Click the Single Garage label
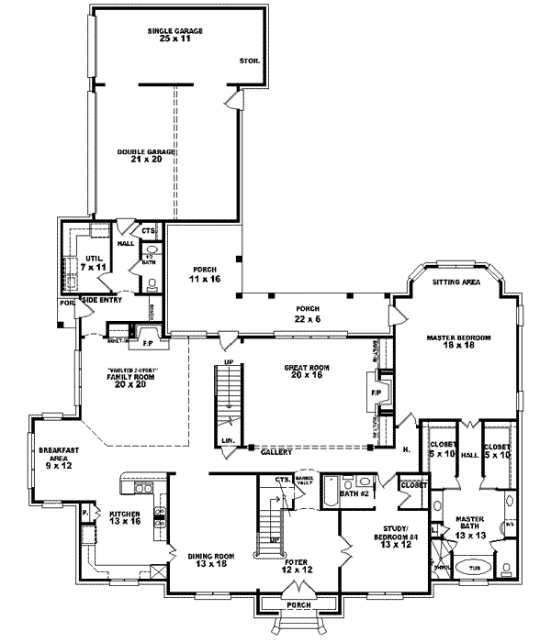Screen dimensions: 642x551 click(174, 36)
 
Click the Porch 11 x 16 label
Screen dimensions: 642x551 click(201, 272)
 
